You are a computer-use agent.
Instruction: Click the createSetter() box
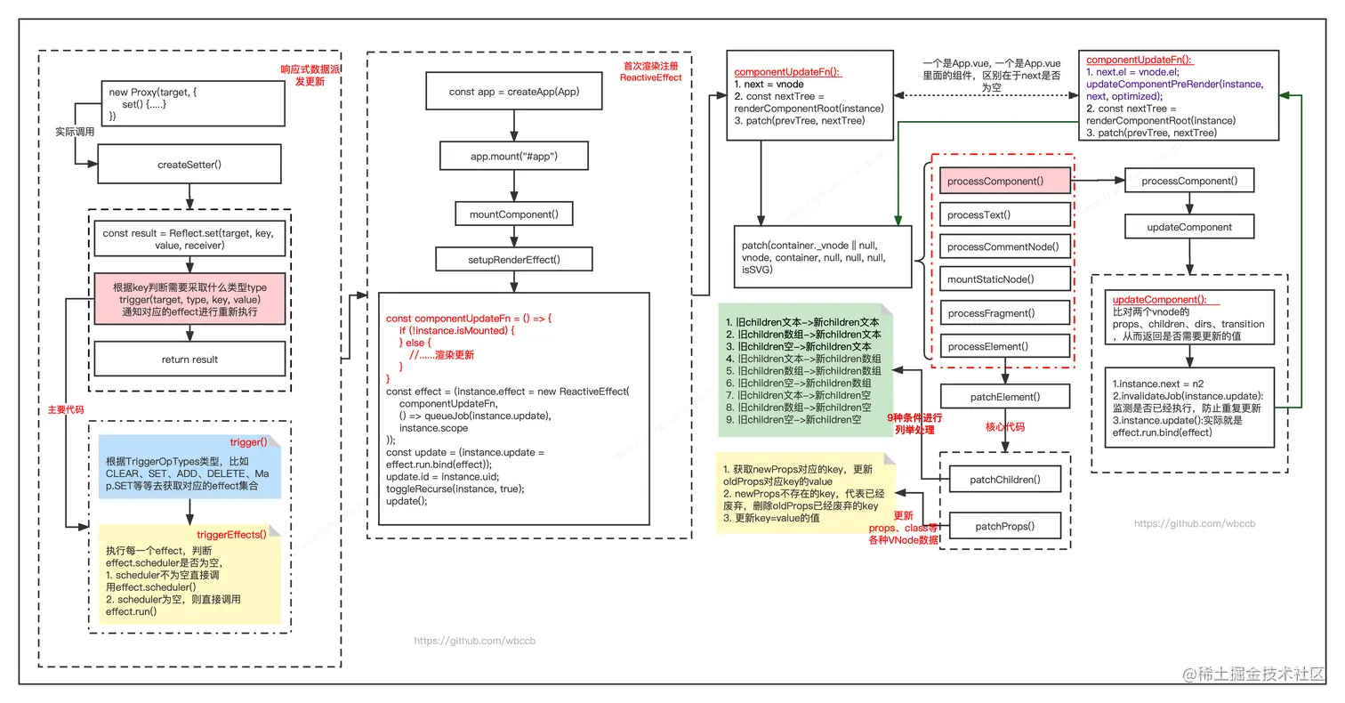tap(189, 165)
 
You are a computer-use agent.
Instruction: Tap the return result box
tap(189, 360)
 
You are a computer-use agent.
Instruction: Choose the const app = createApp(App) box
tap(514, 92)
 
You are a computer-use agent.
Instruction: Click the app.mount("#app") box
tap(514, 157)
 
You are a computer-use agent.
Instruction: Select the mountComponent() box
tap(514, 214)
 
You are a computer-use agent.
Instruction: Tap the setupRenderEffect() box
tap(514, 260)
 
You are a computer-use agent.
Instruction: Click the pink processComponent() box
tap(1005, 181)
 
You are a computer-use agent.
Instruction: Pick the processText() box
tap(1005, 214)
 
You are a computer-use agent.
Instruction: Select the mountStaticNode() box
tap(1005, 279)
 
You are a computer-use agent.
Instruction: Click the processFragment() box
tap(1005, 313)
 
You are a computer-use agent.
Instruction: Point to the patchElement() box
tap(1004, 397)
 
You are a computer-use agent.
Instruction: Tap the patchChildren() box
tap(1004, 480)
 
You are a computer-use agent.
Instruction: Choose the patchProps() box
tap(1004, 526)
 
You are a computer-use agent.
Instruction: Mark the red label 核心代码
tap(1004, 427)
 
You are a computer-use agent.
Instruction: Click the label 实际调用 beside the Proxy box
tap(75, 132)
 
